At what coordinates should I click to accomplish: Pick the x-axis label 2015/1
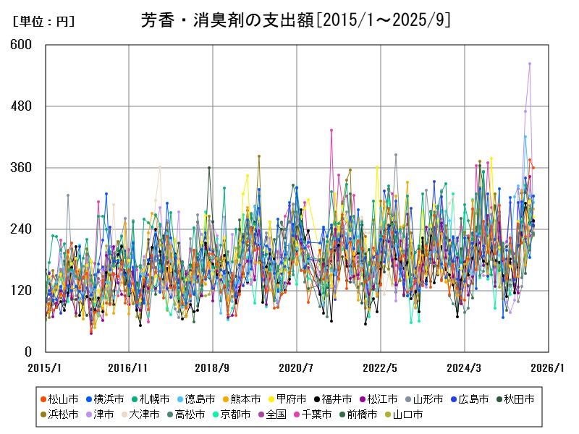46,368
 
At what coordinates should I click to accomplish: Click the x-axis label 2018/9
212,368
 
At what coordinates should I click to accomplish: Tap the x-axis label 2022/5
381,368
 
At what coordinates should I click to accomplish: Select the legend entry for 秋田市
520,399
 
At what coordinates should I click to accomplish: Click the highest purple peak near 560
530,64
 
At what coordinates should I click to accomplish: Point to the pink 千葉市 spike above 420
331,130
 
